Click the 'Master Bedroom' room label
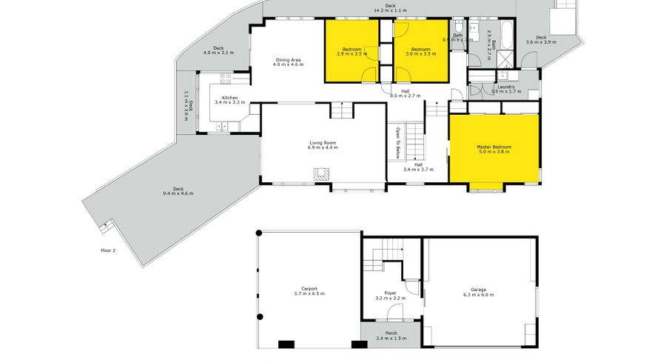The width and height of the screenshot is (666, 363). (494, 147)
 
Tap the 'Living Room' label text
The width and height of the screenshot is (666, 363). (323, 142)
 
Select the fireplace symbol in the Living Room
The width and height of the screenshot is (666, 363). (321, 175)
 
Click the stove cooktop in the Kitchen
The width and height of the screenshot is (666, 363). (223, 78)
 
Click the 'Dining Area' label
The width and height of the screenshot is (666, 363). (288, 59)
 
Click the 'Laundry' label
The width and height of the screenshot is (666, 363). (506, 87)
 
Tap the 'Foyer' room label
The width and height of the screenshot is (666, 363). (390, 293)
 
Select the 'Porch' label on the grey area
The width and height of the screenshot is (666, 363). (386, 333)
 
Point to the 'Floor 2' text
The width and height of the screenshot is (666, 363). (108, 250)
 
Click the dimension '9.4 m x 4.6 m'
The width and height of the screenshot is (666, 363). (178, 193)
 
